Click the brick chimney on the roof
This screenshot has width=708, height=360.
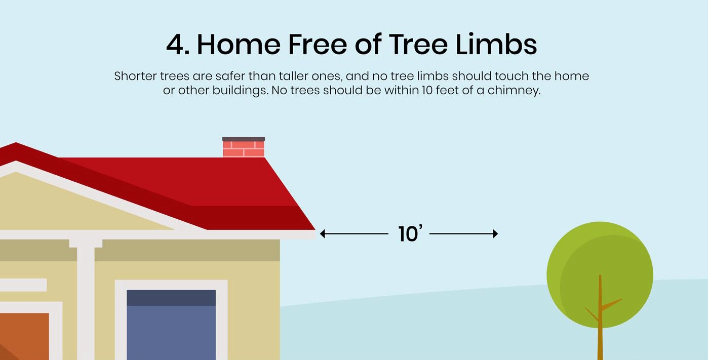[x=244, y=149]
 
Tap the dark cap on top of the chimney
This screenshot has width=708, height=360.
[x=244, y=139]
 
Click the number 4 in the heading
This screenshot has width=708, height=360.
[x=175, y=45]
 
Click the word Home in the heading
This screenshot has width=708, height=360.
[x=238, y=45]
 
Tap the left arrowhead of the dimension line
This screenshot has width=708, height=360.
[x=323, y=234]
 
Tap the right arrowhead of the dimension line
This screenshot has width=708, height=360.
[x=495, y=234]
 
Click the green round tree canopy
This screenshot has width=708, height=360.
[x=600, y=268]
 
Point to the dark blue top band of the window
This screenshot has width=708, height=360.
[x=171, y=298]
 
